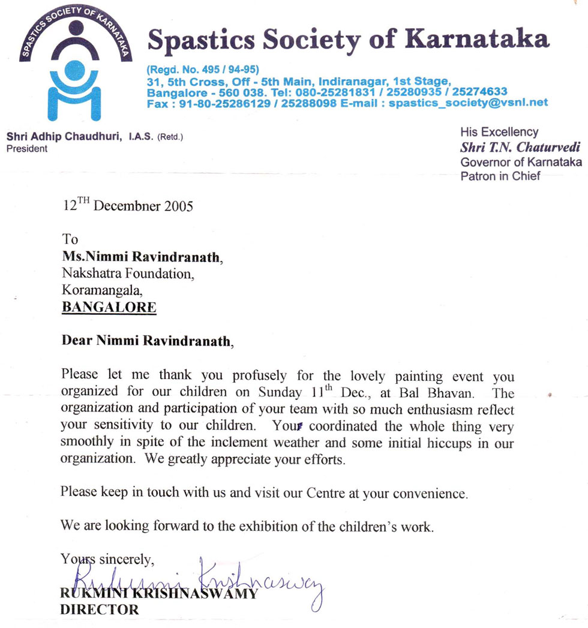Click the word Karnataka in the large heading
tap(477, 39)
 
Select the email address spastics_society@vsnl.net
tap(469, 103)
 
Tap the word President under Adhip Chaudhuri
tap(26, 148)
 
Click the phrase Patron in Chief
tap(500, 176)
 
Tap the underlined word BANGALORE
tap(109, 308)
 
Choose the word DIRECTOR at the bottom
tap(100, 610)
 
